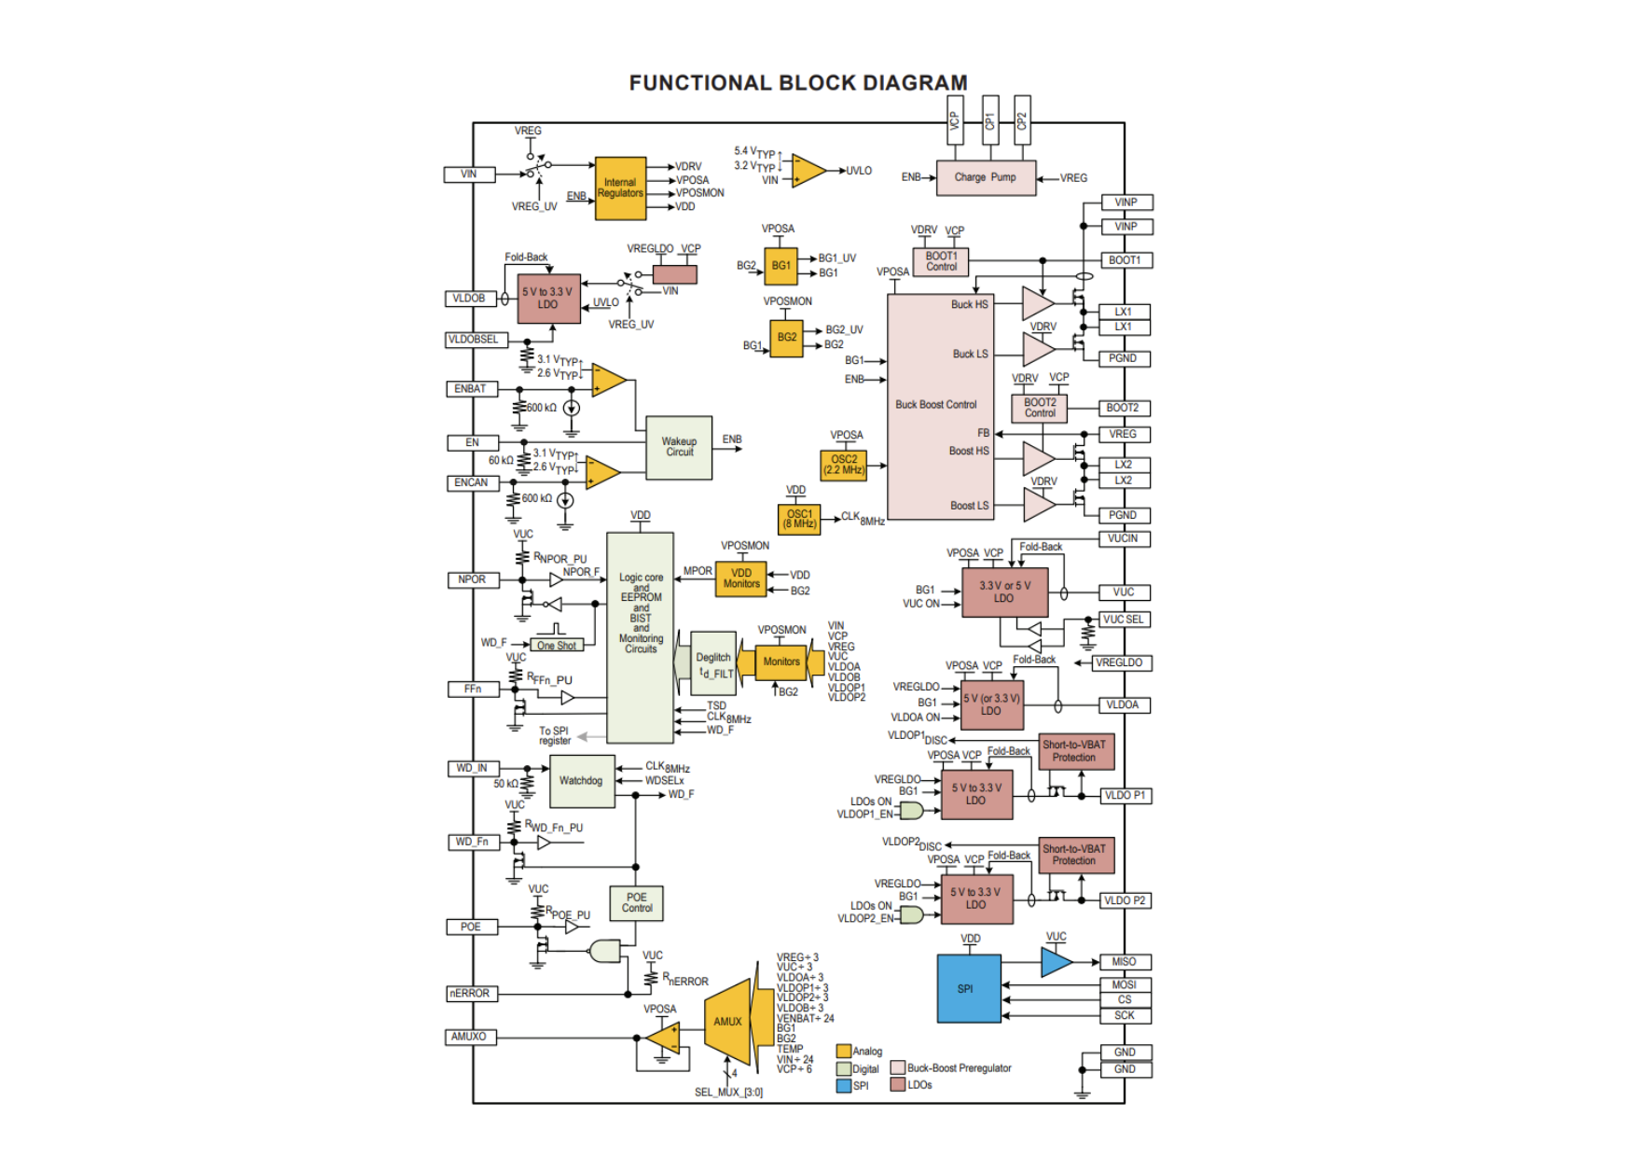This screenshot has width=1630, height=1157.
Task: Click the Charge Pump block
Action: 985,177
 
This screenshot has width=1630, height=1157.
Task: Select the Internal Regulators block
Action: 620,188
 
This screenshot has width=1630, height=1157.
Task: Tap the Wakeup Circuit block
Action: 679,447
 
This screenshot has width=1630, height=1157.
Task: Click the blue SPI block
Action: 968,988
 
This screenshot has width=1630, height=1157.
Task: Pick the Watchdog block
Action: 582,781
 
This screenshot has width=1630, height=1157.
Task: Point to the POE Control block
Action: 637,902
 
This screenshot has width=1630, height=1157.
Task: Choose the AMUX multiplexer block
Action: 728,1021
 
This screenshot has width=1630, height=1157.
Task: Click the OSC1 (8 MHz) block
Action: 799,519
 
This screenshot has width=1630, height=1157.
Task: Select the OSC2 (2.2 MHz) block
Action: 844,465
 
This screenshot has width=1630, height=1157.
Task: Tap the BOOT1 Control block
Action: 941,261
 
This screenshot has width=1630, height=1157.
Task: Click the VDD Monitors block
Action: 741,578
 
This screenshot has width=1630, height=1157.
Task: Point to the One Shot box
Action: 557,645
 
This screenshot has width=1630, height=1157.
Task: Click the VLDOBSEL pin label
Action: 474,340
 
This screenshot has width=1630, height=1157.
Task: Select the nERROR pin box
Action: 470,994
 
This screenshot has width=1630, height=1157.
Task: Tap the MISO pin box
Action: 1125,962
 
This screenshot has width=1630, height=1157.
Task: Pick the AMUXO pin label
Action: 469,1037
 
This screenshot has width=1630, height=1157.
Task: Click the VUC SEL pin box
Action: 1124,620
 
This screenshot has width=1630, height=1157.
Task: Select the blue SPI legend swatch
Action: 844,1086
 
